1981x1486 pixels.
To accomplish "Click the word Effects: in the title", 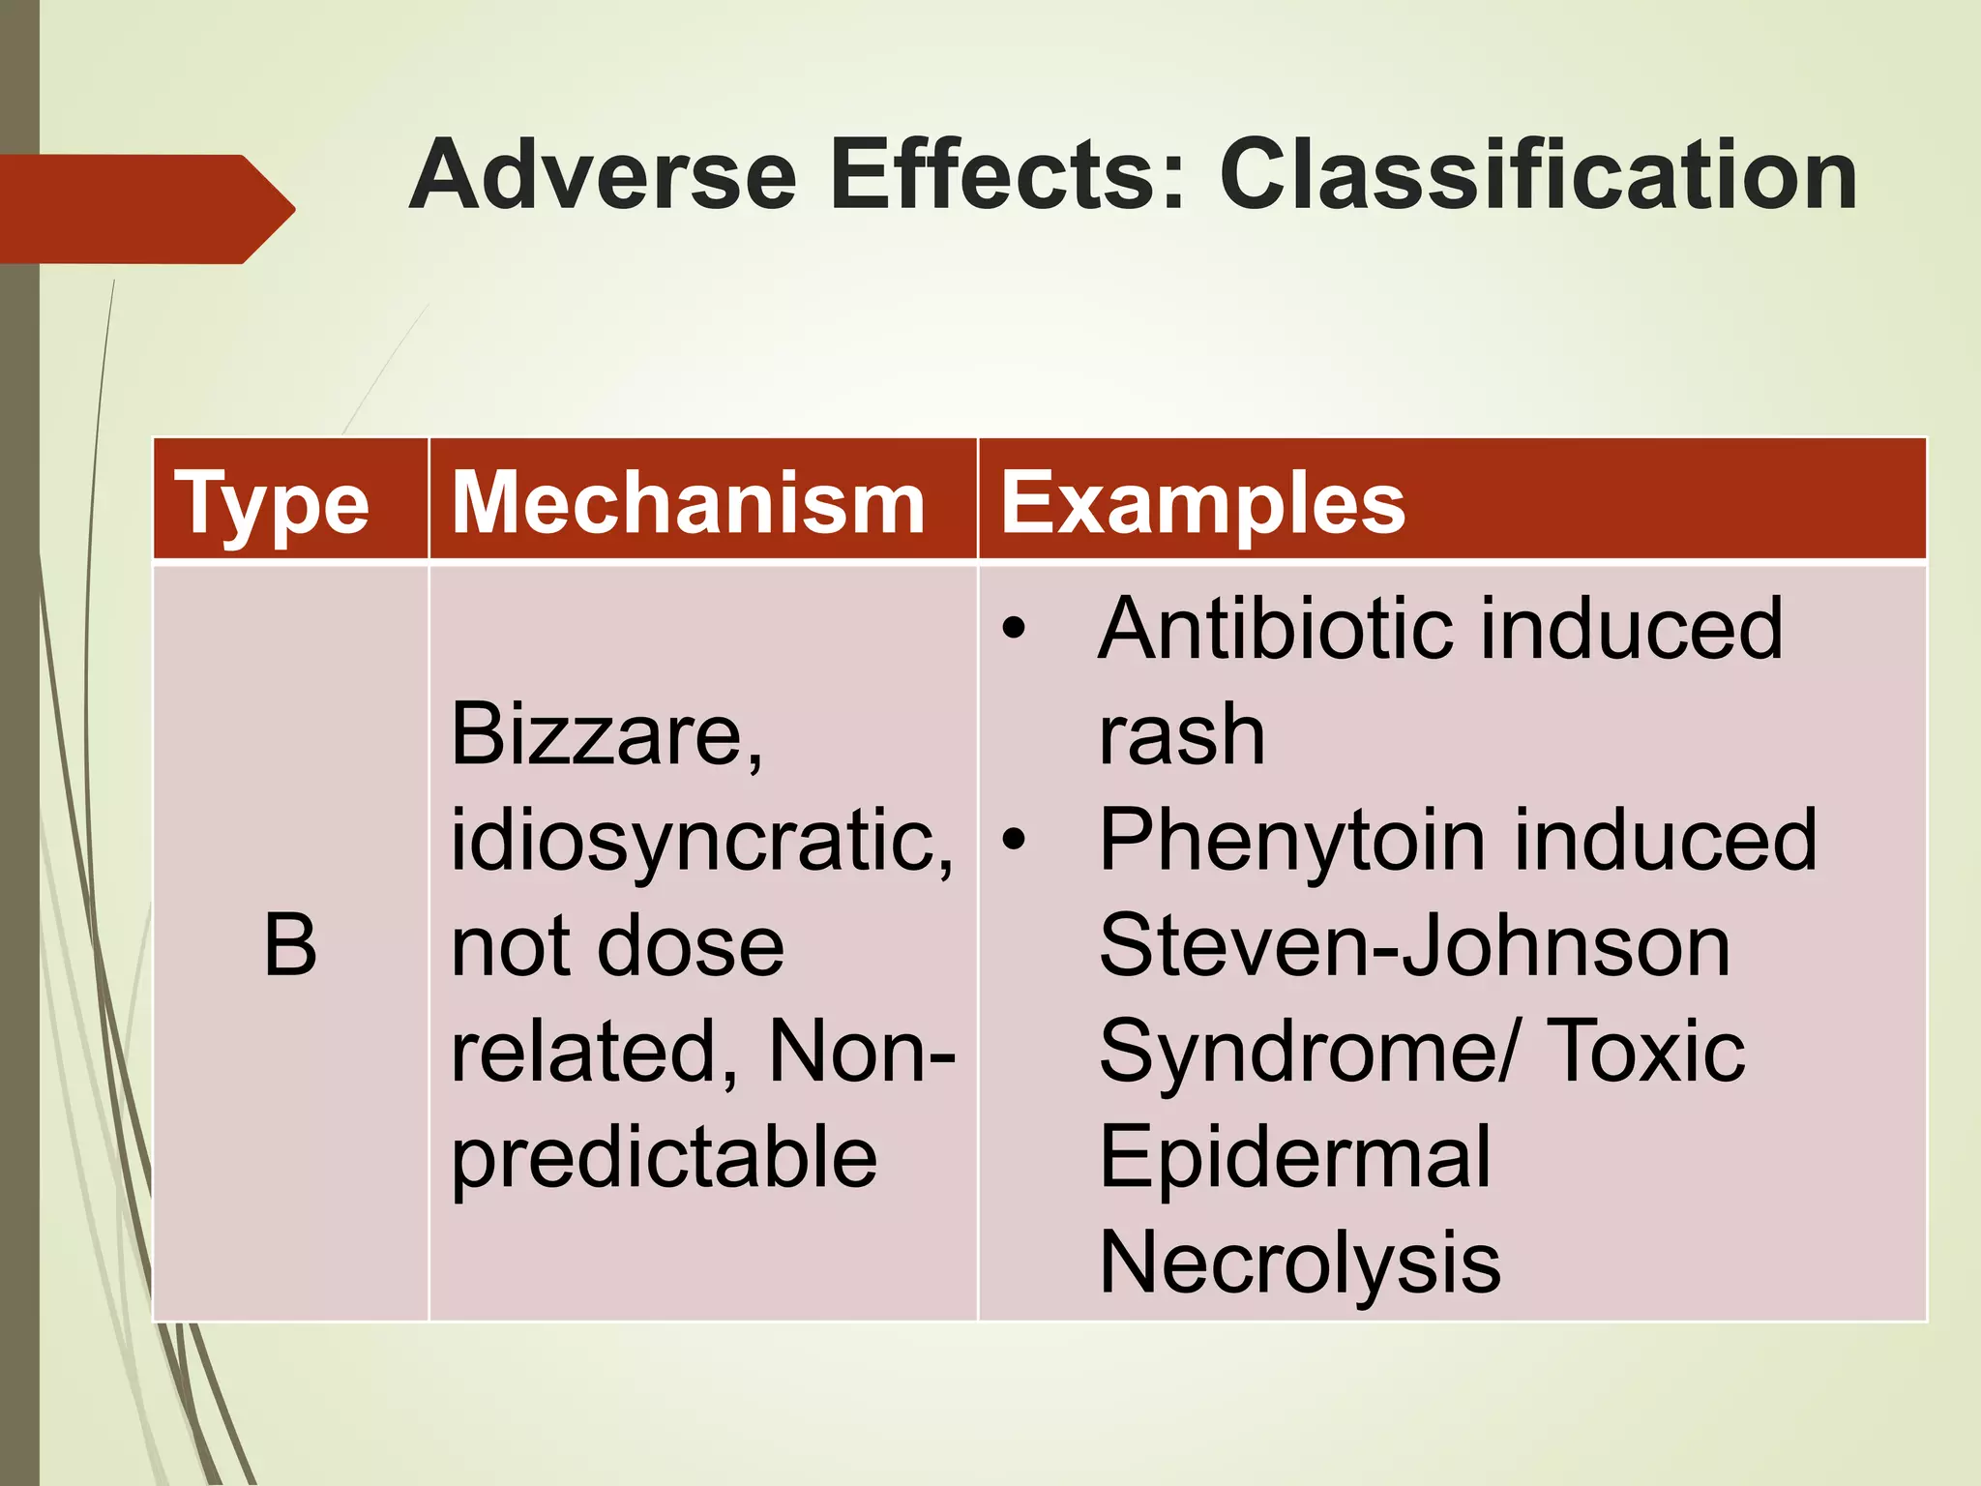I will (1008, 176).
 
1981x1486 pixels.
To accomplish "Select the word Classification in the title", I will (1538, 176).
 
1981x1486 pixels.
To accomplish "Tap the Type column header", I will (272, 503).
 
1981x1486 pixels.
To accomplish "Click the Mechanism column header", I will (689, 503).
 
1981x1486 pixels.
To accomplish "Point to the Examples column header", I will (1202, 503).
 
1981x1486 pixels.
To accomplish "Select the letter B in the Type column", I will (290, 946).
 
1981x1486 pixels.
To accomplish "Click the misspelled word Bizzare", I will (606, 735).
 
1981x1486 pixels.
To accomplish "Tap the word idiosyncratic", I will (701, 840).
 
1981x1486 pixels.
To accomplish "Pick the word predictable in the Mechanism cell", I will (665, 1157).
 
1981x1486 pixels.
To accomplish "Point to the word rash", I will (1181, 735).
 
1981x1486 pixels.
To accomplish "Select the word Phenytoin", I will (1290, 840).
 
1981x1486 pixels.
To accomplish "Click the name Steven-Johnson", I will (1414, 946).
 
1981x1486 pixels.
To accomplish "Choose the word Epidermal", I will (1294, 1157).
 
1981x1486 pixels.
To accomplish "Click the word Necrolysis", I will (1299, 1262).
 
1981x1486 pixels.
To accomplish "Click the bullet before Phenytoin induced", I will (1013, 840).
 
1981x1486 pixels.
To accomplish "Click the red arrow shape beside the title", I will (145, 209).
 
